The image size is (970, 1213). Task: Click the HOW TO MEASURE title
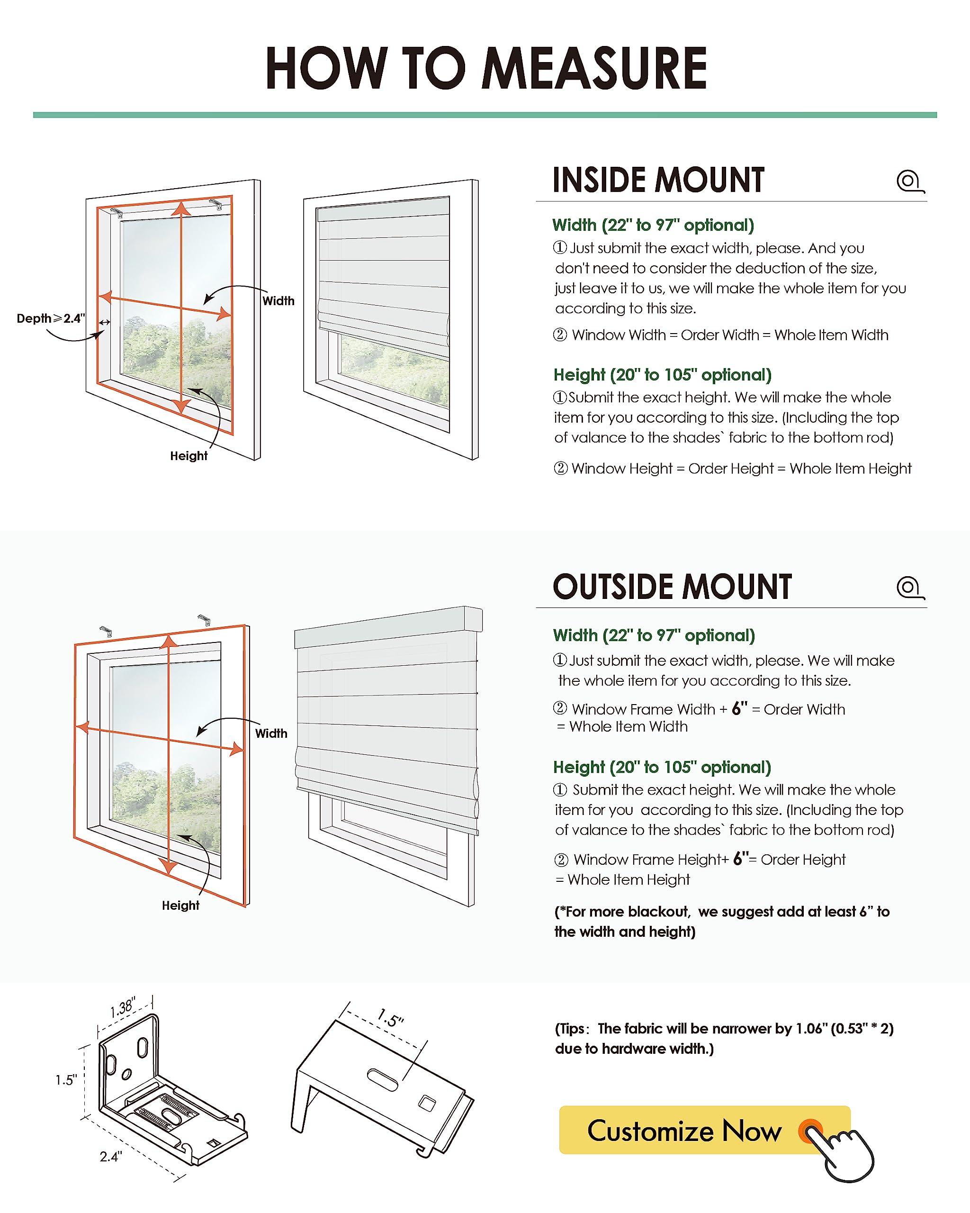tap(486, 68)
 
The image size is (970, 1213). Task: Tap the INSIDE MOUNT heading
tap(658, 180)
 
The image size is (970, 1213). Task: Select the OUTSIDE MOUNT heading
tap(672, 587)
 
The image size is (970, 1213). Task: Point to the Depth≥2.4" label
tap(51, 318)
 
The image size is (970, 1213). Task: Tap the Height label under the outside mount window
tap(180, 905)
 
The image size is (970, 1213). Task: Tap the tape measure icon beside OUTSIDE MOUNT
tap(910, 588)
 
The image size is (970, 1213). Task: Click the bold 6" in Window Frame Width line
tap(739, 708)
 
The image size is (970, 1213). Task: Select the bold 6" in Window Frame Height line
tap(741, 859)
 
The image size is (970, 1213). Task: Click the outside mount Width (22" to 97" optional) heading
tap(654, 635)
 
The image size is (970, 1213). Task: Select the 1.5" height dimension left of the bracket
tap(66, 1080)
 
